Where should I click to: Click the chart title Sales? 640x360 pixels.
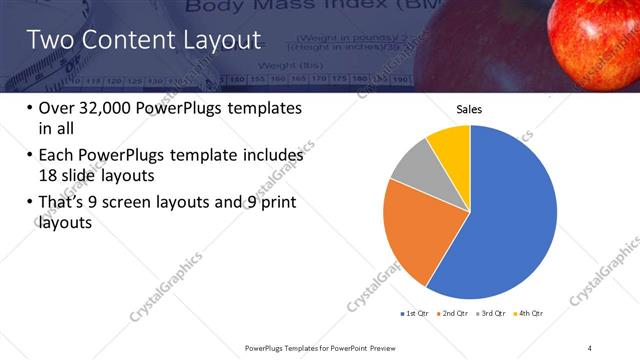470,109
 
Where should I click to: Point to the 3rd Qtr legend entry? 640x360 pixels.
491,314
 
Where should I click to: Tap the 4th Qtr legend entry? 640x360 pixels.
529,314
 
